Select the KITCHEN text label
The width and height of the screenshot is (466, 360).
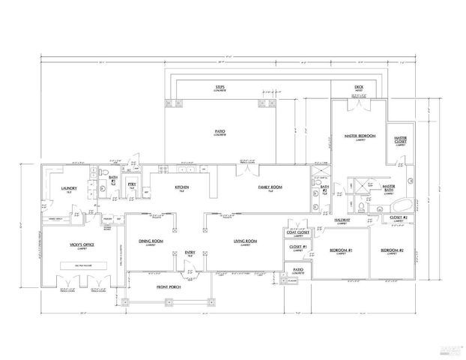[181, 187]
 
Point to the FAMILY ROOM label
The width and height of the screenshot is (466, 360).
[268, 187]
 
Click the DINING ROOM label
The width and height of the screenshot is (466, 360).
[152, 241]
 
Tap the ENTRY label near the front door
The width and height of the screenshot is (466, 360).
[190, 253]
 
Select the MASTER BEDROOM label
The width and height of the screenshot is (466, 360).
[360, 137]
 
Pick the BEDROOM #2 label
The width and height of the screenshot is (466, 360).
[392, 250]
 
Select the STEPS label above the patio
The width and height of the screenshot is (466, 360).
[220, 87]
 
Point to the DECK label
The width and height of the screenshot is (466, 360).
[359, 87]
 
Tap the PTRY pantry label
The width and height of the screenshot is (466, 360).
[131, 184]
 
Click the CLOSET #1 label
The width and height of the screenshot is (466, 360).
[297, 246]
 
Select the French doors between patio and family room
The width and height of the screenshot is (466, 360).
[244, 168]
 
